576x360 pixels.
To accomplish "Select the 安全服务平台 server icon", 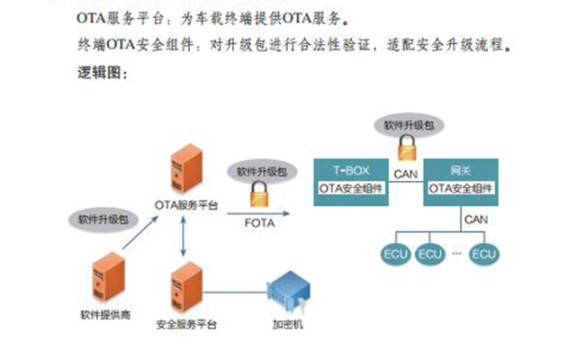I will click(185, 287).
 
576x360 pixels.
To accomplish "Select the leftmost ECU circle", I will click(395, 253).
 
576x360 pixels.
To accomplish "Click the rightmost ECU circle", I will click(484, 253).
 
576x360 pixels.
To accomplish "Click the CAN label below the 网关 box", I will click(476, 219).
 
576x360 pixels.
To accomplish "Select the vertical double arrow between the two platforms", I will click(185, 237).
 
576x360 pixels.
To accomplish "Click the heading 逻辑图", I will click(104, 73).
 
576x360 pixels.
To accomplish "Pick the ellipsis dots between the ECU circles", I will click(457, 254).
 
